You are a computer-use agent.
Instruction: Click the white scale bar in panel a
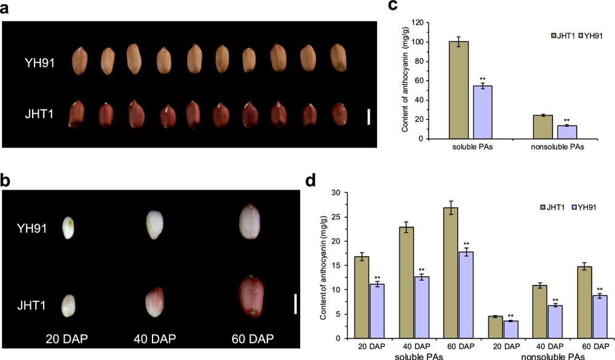coord(368,116)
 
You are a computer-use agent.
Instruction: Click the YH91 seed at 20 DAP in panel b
coord(68,228)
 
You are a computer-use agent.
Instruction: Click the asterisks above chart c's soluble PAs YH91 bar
coord(483,79)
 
